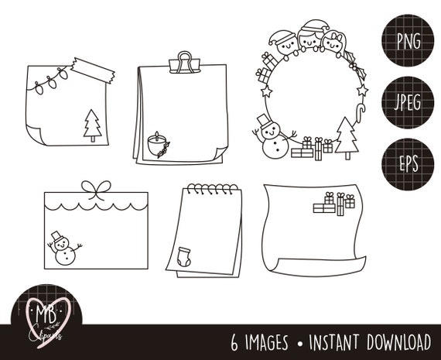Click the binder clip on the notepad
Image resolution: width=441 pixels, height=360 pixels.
pyautogui.click(x=184, y=61)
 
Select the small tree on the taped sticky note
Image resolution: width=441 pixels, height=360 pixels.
pyautogui.click(x=92, y=125)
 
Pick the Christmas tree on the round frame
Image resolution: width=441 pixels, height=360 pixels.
pyautogui.click(x=347, y=139)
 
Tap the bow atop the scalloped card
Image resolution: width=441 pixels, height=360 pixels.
pyautogui.click(x=97, y=189)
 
